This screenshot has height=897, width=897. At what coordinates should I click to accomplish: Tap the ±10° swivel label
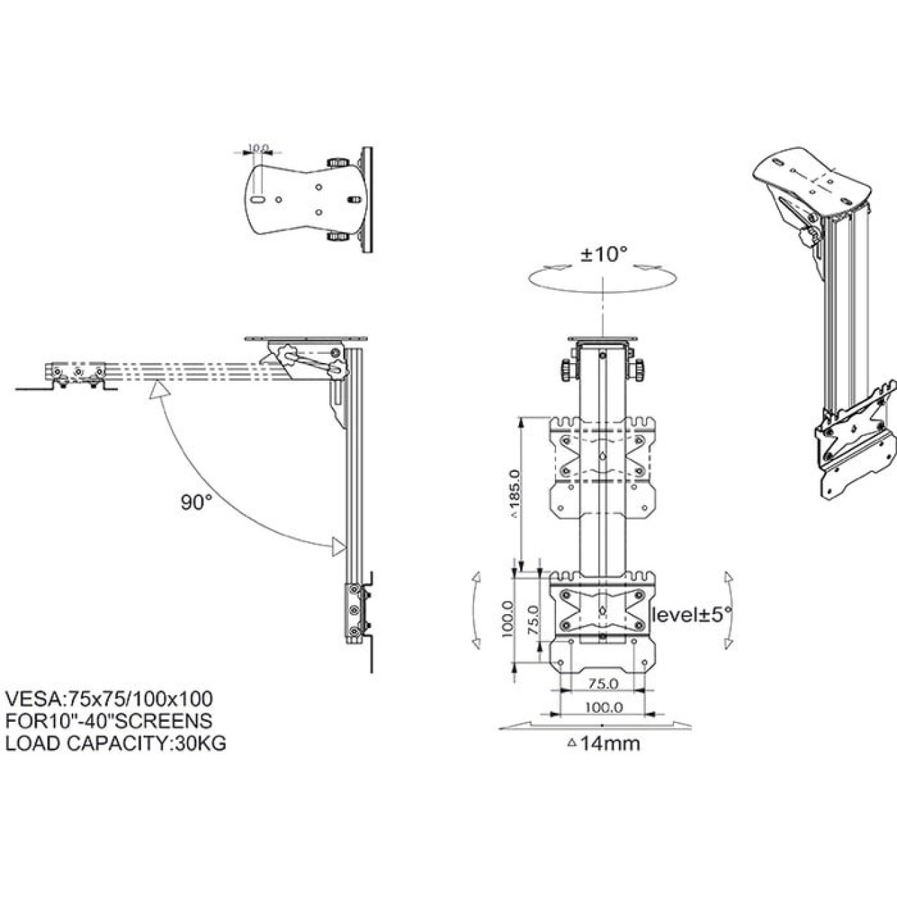603,255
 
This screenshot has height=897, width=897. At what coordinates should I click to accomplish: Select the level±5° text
692,615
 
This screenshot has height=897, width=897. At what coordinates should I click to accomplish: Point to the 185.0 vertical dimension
517,493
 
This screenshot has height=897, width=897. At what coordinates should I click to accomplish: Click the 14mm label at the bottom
604,743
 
